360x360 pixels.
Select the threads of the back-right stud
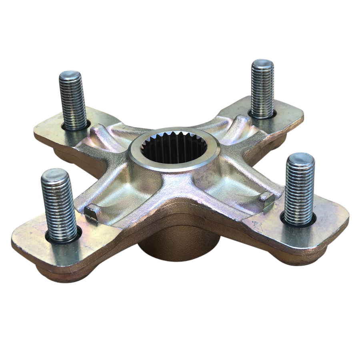(262, 90)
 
